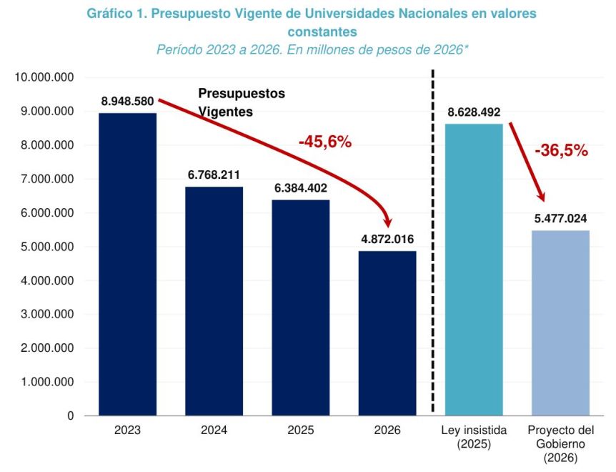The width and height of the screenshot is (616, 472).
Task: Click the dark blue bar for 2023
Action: [127, 265]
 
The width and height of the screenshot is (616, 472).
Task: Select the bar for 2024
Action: [214, 301]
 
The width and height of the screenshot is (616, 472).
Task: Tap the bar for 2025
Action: [300, 308]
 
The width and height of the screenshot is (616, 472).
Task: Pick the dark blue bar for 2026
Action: [387, 333]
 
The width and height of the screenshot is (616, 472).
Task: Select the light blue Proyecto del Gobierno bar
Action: [561, 323]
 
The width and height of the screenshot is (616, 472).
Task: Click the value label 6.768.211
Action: [214, 174]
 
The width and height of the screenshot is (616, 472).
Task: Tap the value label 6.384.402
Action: [301, 188]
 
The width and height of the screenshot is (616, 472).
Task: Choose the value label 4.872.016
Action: [387, 239]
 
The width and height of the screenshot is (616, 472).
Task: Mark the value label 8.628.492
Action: [474, 112]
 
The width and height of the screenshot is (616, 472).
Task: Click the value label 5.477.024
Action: [561, 219]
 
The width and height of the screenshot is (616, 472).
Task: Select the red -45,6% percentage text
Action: [325, 142]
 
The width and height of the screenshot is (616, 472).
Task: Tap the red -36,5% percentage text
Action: [561, 150]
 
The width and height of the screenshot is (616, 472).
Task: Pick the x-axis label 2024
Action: [214, 431]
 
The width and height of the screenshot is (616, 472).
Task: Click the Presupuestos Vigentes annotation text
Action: [241, 103]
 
